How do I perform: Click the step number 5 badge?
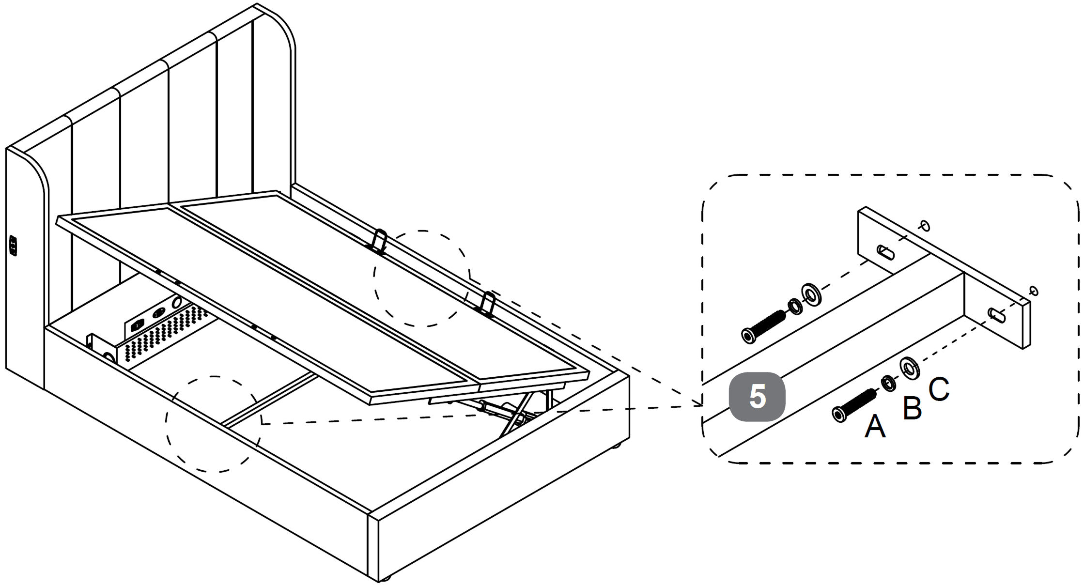(x=757, y=397)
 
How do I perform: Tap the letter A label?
(x=875, y=427)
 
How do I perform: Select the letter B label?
(x=913, y=408)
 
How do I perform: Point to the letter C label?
(x=939, y=389)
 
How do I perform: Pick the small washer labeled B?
(x=888, y=383)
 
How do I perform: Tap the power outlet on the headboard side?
(x=13, y=246)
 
